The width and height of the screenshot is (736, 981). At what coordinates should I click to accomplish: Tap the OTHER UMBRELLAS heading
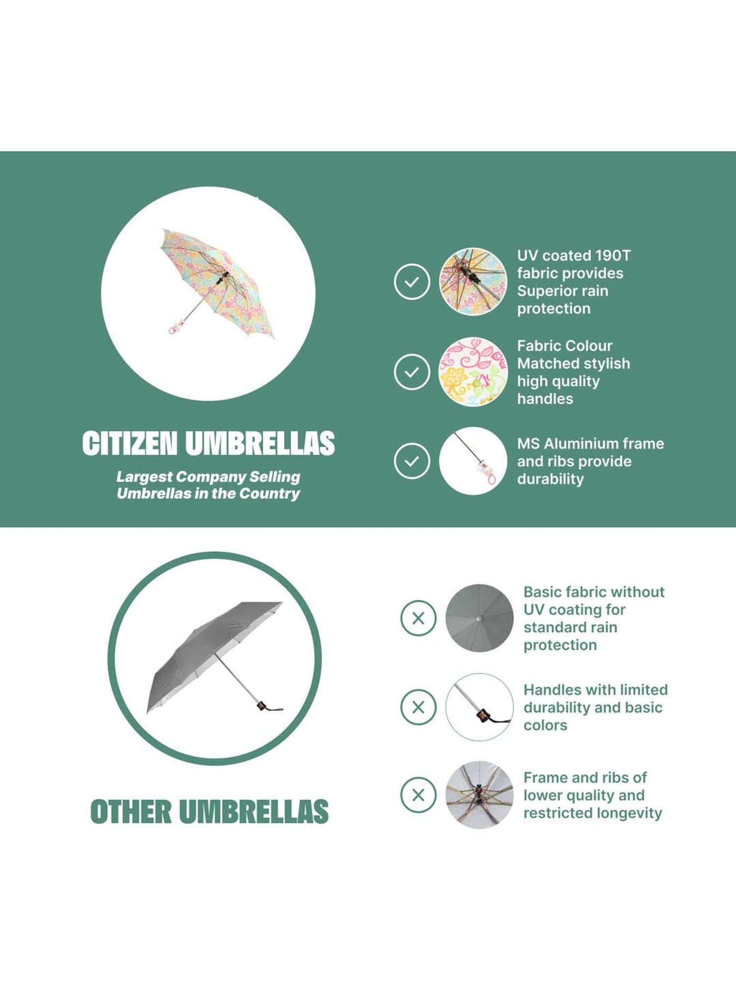(210, 811)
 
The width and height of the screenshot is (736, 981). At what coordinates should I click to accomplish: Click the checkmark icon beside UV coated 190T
(412, 282)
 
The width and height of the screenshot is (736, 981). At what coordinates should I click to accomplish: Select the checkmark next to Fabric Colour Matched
(412, 372)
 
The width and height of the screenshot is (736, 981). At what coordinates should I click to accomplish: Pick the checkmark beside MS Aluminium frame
(412, 461)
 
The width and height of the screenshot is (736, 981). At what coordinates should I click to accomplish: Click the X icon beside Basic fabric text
(419, 618)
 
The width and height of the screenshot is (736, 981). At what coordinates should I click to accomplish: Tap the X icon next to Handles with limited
(419, 707)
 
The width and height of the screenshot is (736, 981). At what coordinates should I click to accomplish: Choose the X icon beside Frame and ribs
(419, 795)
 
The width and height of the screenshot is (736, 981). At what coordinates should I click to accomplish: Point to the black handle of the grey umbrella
(268, 706)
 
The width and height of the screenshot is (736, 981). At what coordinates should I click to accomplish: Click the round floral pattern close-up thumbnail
(473, 372)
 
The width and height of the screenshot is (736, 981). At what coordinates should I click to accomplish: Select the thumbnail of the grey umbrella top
(479, 618)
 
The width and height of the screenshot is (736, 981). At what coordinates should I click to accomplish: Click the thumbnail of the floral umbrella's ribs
(473, 282)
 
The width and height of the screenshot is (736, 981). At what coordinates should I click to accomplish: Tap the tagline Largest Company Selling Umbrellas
(209, 485)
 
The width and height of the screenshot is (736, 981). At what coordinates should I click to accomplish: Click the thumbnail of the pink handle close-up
(473, 461)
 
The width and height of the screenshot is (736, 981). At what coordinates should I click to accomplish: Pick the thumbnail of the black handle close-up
(479, 707)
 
